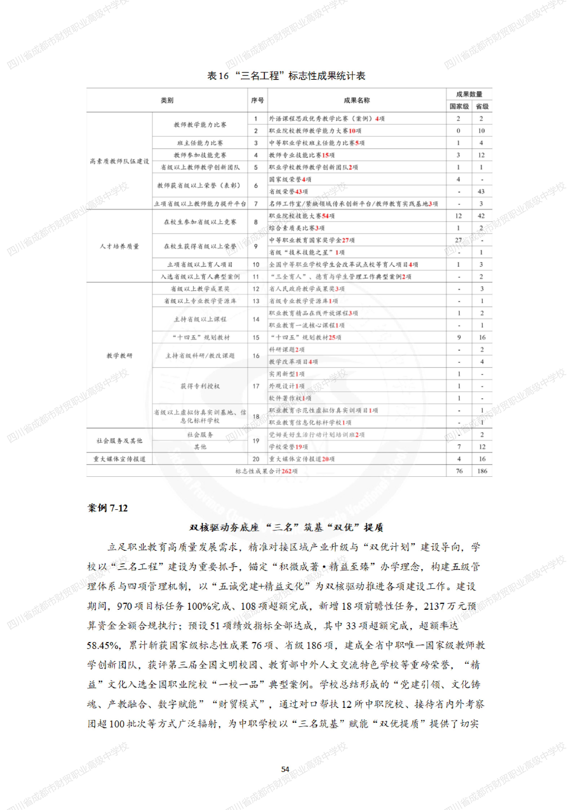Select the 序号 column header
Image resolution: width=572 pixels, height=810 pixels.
click(257, 100)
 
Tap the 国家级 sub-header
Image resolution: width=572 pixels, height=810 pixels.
click(459, 106)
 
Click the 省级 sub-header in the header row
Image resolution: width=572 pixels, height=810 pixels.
click(482, 106)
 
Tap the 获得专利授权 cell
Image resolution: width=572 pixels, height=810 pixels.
click(200, 386)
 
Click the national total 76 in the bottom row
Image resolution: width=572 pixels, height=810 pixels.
click(459, 471)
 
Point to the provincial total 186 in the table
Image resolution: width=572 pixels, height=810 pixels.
click(482, 471)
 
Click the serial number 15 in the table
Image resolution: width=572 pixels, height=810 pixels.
click(256, 338)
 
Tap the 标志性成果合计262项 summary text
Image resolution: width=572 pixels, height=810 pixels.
click(266, 471)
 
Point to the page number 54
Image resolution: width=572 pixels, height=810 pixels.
click(285, 769)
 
